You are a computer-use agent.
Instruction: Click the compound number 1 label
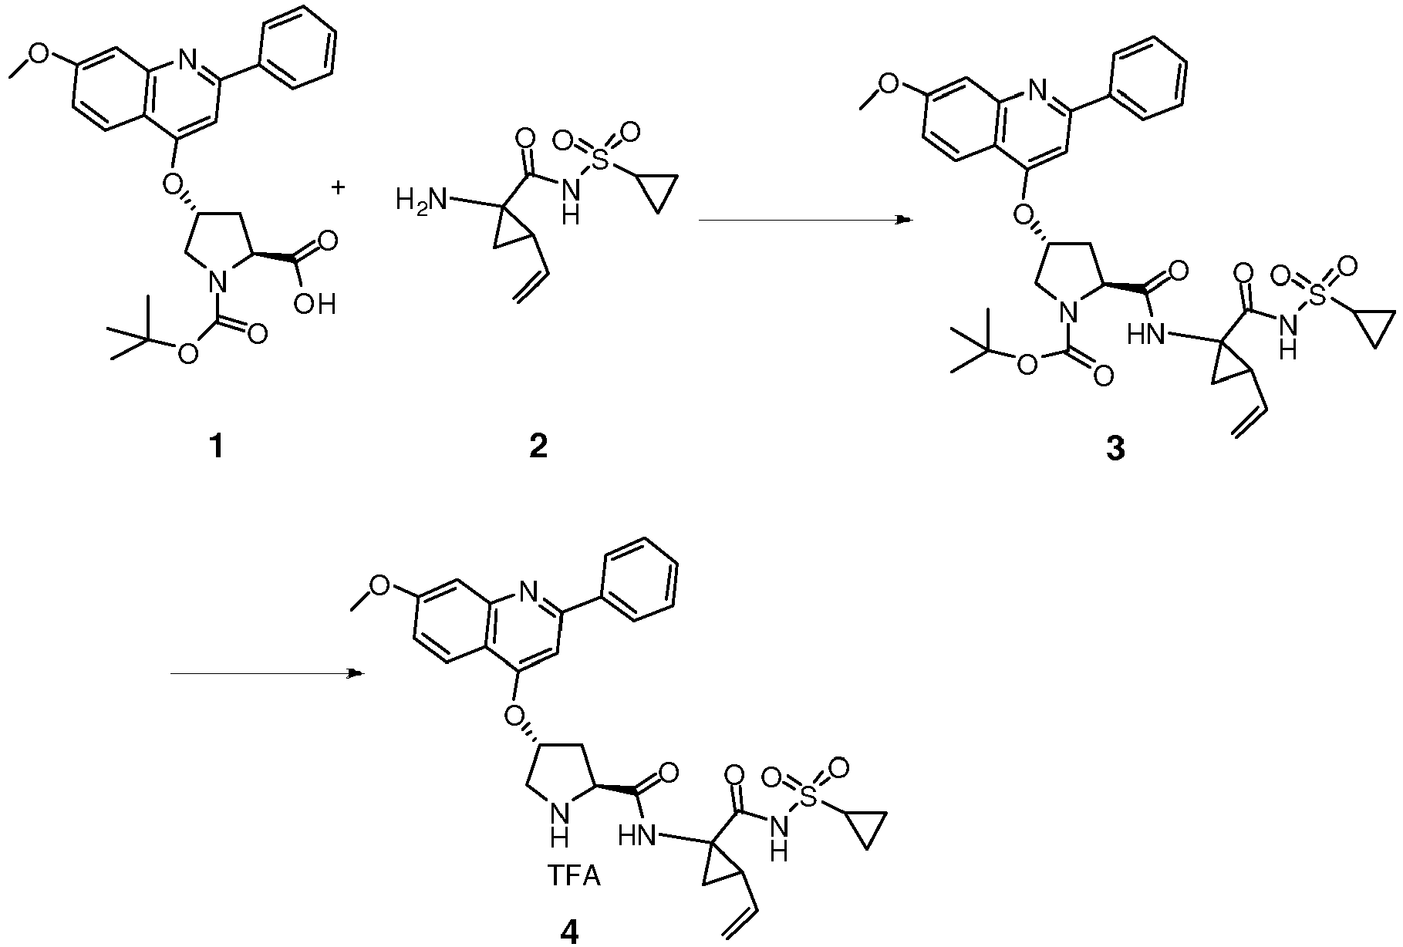pyautogui.click(x=217, y=447)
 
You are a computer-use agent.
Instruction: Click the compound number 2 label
pyautogui.click(x=538, y=447)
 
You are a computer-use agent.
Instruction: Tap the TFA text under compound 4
pyautogui.click(x=573, y=878)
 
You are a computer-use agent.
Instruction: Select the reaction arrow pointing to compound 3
pyautogui.click(x=805, y=221)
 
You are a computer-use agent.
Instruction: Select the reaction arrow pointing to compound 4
pyautogui.click(x=267, y=674)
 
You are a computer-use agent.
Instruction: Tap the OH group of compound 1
pyautogui.click(x=315, y=305)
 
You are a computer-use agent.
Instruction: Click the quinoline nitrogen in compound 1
pyautogui.click(x=185, y=56)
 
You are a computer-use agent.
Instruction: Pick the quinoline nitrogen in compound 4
pyautogui.click(x=528, y=591)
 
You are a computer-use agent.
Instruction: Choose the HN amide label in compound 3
pyautogui.click(x=1145, y=334)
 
